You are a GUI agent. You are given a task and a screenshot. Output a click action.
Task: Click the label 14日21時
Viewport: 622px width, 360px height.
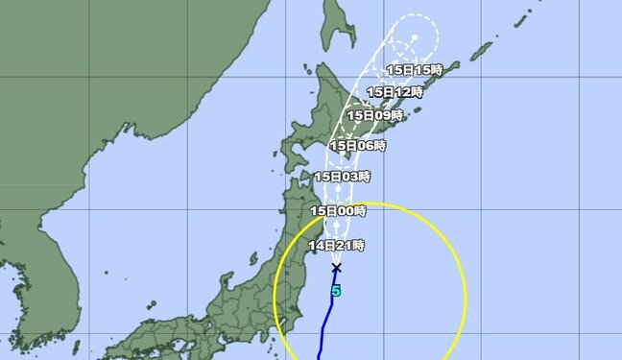point(336,246)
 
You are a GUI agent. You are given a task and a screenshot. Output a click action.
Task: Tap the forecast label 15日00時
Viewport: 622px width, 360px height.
point(338,210)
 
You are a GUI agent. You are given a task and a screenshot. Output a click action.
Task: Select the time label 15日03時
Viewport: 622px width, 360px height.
point(342,177)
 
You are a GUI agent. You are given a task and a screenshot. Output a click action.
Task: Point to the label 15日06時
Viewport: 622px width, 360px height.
point(357,145)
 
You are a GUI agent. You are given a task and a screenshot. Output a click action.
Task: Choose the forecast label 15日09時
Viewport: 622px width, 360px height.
point(373,115)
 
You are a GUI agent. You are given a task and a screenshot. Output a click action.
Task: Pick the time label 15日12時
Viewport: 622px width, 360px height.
point(394,91)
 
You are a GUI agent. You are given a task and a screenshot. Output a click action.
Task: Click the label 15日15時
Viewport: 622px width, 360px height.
point(414,69)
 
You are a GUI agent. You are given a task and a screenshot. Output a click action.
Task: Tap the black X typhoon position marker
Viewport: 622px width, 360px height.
point(336,268)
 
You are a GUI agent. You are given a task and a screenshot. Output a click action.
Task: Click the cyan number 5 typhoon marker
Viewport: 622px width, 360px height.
point(336,289)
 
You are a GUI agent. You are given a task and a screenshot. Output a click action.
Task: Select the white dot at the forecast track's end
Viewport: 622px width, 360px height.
point(415,37)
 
